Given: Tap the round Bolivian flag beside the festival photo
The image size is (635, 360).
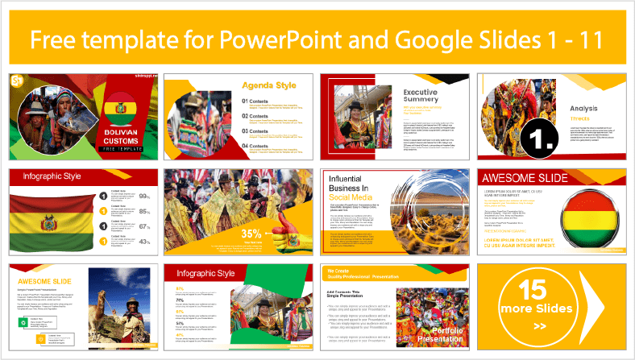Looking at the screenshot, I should (122, 108).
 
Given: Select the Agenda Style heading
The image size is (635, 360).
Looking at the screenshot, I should (268, 84).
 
